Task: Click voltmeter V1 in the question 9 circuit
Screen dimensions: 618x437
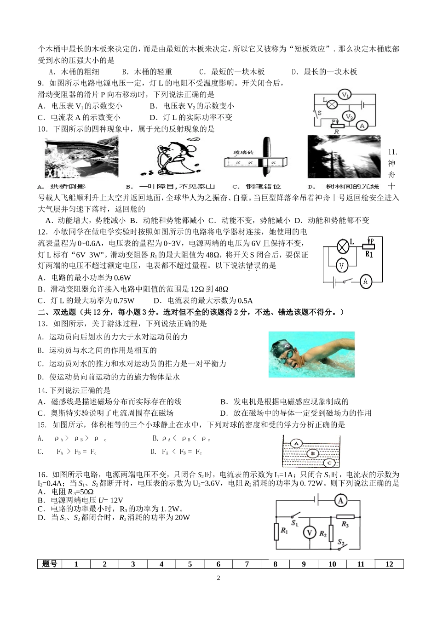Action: coord(345,95)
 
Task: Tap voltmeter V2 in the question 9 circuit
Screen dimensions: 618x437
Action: coord(349,116)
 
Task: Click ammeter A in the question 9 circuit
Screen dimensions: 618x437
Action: coord(362,125)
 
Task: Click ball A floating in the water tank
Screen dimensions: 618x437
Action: coord(297,443)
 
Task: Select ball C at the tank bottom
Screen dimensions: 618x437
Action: coord(329,463)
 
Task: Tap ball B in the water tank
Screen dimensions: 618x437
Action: coord(313,453)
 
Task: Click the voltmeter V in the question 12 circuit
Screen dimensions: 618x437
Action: coord(341,265)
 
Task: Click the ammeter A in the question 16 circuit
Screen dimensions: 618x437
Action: coord(340,500)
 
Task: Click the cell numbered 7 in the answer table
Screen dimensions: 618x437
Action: coord(247,564)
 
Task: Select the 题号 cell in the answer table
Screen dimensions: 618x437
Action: coord(50,564)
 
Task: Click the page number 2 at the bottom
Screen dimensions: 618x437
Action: coord(218,578)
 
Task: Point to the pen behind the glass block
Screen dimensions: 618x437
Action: coord(266,156)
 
